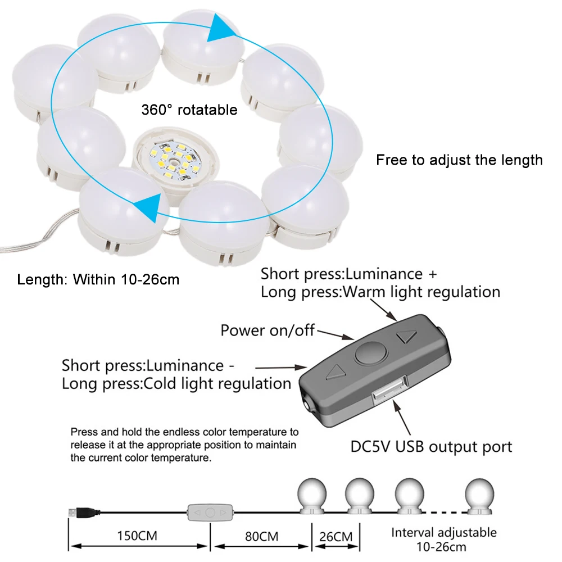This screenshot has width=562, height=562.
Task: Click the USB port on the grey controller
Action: (388, 389)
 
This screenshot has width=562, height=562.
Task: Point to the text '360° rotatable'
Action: (189, 110)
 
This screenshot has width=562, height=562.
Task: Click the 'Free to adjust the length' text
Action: (459, 160)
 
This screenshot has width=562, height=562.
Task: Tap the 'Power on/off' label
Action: (268, 330)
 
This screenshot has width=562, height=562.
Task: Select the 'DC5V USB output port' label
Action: (432, 447)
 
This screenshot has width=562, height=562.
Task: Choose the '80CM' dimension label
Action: (262, 536)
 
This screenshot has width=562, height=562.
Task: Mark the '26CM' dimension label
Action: (336, 536)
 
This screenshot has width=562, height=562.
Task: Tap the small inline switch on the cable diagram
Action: (209, 513)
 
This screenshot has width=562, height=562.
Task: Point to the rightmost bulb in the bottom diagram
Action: (479, 495)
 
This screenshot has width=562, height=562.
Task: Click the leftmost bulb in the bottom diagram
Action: (311, 495)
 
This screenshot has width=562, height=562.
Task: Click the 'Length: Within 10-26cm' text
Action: (98, 279)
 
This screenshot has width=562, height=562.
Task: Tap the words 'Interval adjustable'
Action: (444, 532)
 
